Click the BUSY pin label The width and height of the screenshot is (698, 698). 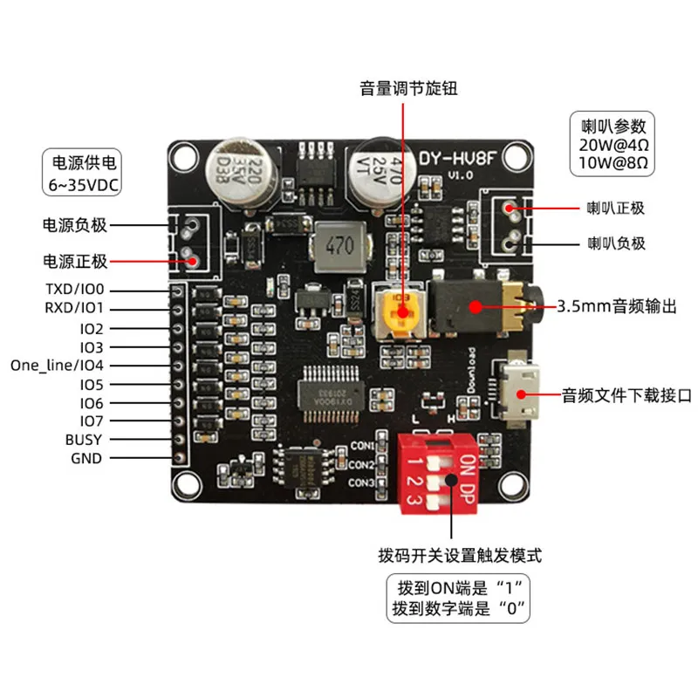83,440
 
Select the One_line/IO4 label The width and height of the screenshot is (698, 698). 57,365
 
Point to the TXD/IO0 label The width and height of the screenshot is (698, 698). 72,290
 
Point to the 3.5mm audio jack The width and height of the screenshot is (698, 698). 476,305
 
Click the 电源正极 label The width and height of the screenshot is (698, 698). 75,261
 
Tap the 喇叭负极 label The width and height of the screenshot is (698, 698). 615,243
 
